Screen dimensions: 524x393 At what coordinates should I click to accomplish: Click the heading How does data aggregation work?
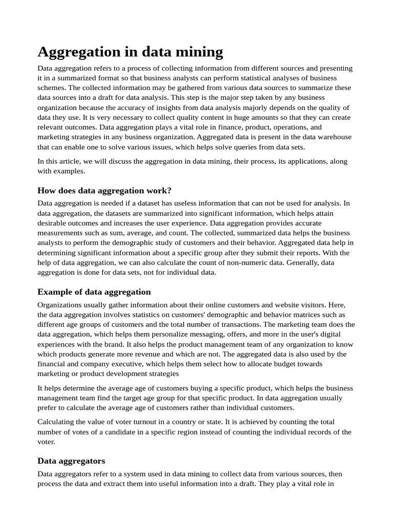tap(104, 190)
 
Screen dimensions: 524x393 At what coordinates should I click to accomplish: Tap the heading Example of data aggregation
tap(94, 292)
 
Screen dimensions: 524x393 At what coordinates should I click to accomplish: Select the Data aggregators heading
tap(71, 461)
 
